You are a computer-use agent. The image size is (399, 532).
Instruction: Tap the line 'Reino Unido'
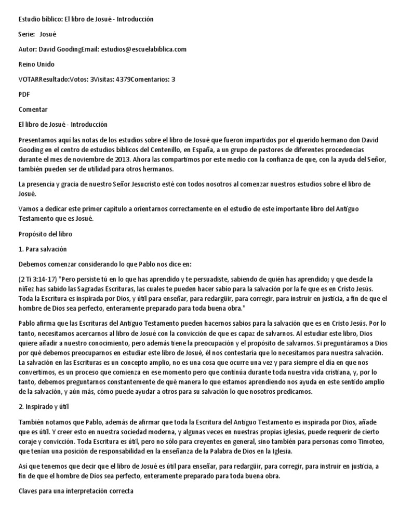click(x=36, y=64)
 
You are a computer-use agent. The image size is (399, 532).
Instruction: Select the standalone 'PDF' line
click(x=24, y=95)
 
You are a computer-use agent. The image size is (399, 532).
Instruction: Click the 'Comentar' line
click(x=33, y=110)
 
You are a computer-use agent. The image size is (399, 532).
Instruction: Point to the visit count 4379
click(x=123, y=79)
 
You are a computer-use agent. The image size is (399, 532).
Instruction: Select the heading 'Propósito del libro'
click(x=45, y=234)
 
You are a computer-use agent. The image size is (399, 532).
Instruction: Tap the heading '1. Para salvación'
click(x=43, y=249)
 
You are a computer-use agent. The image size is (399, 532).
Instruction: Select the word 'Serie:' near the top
click(x=26, y=34)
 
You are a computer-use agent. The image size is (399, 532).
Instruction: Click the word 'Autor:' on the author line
click(x=28, y=49)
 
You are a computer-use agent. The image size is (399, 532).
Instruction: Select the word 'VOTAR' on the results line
click(x=29, y=79)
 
